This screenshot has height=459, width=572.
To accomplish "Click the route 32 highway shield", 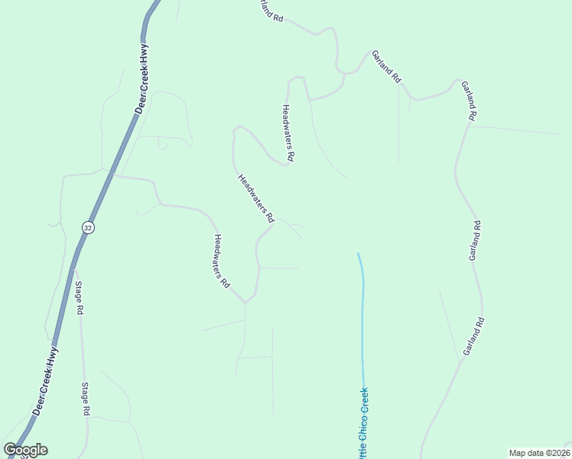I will [88, 227].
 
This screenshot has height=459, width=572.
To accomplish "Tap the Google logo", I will [25, 450].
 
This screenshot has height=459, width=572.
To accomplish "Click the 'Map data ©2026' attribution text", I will [539, 453].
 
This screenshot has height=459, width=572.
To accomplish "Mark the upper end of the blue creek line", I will [358, 253].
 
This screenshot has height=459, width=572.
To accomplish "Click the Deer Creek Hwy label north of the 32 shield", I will [141, 78].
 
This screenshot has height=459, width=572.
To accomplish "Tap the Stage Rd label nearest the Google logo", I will [86, 399].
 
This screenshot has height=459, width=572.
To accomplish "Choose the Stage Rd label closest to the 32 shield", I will [78, 299].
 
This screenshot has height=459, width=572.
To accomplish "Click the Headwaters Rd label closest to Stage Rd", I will [222, 260].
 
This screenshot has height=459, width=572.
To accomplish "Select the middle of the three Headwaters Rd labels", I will [255, 198].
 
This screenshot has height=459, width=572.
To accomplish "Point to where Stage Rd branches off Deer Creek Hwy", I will [73, 269].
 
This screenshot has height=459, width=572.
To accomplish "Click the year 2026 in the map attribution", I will [559, 453].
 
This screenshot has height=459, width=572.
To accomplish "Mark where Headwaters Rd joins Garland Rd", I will [309, 100].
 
